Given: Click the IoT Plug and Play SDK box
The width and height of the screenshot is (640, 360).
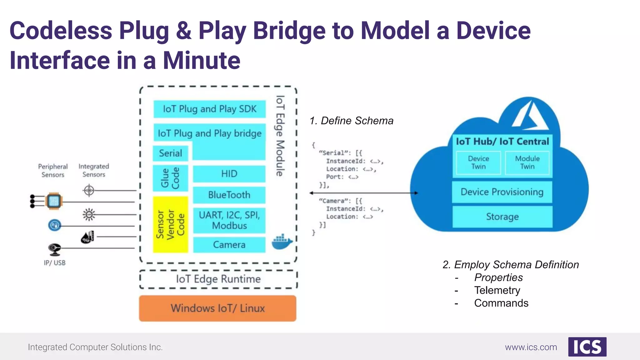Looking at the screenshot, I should point(209,109).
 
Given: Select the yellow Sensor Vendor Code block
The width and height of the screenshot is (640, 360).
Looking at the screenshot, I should point(170,224).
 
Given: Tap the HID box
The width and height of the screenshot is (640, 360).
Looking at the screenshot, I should point(229,174).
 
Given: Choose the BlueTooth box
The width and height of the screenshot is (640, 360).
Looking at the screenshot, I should point(229,195).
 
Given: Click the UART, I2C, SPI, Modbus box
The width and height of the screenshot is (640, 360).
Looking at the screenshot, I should point(229,220).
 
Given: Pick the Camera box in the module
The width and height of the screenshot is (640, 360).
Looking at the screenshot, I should point(229,245).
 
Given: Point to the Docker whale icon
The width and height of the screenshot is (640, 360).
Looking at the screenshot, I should point(282,242).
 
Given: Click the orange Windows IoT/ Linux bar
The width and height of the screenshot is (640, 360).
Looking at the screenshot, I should point(217,308).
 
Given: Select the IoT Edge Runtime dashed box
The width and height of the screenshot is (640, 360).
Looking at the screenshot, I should point(218,279).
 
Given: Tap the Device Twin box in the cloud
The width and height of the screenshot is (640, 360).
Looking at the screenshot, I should point(478,162).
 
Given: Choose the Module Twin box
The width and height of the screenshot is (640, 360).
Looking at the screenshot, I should point(527,162).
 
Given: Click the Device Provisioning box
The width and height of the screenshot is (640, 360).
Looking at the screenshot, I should point(502,192).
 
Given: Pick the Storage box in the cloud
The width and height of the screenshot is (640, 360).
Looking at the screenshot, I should point(502,217).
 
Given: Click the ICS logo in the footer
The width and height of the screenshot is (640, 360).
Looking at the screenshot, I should point(587,347).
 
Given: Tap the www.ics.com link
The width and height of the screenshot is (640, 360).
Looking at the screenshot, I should point(531,347).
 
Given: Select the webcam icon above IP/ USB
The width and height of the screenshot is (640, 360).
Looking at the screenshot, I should point(54,249).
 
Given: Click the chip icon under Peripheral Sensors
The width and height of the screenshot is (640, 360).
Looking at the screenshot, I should point(54,201).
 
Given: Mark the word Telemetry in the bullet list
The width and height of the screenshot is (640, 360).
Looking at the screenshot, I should point(497,290).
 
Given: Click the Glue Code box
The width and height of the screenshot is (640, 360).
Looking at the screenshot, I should point(170,178).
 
